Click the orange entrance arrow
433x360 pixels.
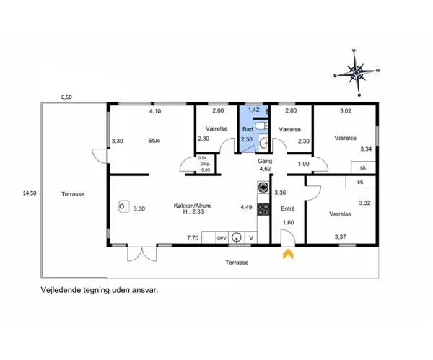click(x=288, y=254)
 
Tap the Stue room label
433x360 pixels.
click(x=154, y=141)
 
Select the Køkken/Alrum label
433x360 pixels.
click(x=192, y=206)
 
